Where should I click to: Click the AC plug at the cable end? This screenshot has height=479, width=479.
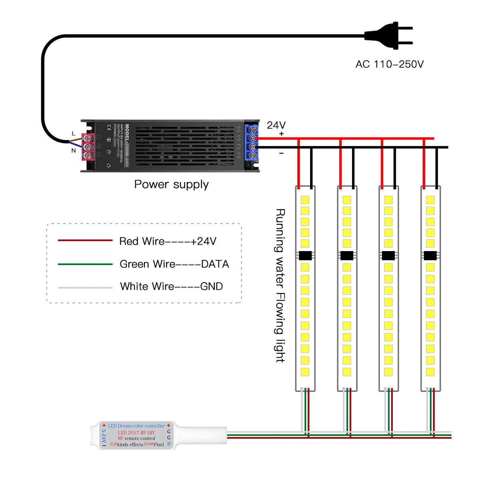(389, 36)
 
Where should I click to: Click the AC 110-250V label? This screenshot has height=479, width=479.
(390, 64)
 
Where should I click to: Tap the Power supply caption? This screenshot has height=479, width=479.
(171, 184)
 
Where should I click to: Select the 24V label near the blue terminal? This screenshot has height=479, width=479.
(276, 125)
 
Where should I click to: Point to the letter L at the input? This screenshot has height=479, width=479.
(73, 133)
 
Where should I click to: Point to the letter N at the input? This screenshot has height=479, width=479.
(73, 150)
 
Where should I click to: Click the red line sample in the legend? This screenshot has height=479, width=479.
(85, 240)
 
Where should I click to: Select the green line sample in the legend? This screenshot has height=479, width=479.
(85, 264)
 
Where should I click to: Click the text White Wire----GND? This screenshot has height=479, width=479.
(171, 286)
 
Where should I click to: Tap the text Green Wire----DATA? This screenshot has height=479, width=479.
(174, 264)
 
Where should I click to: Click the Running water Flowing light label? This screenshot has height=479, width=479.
(281, 285)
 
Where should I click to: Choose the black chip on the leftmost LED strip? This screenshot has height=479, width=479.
(305, 255)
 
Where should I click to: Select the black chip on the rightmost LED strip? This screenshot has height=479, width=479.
(430, 255)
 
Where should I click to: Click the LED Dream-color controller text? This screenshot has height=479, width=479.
(136, 426)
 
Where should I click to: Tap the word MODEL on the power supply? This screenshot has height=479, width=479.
(127, 134)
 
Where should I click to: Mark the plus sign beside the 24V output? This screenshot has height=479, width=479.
(281, 134)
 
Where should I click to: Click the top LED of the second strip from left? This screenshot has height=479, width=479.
(346, 200)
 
